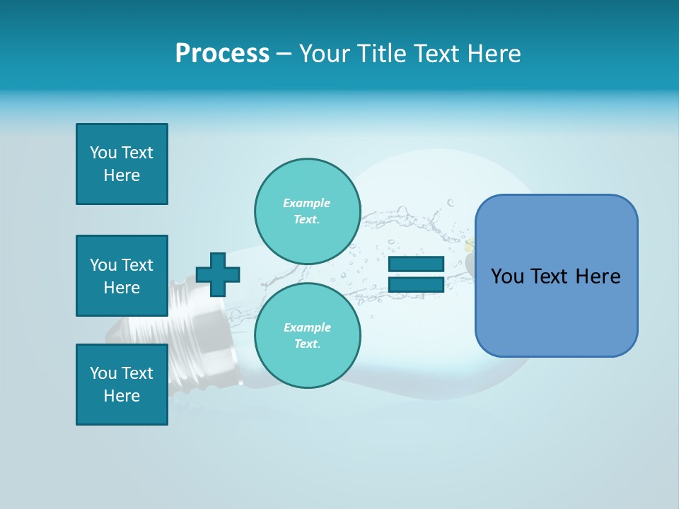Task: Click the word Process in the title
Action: click(x=222, y=54)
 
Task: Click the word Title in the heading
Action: click(x=381, y=54)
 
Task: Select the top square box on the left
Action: click(x=122, y=164)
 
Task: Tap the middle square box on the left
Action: click(x=122, y=276)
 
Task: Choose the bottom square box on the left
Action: click(x=122, y=385)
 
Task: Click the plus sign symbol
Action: click(x=218, y=274)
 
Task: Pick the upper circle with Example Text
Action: click(x=308, y=211)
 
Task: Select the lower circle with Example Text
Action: click(x=308, y=336)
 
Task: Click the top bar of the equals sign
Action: click(x=417, y=264)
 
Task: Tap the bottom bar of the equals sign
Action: click(x=417, y=285)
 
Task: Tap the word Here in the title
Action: click(x=492, y=54)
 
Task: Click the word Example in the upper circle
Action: click(x=306, y=204)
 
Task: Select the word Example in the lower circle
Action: click(x=307, y=328)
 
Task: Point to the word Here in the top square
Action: click(x=122, y=175)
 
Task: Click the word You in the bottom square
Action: click(x=103, y=373)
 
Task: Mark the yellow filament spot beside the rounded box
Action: click(x=469, y=247)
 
